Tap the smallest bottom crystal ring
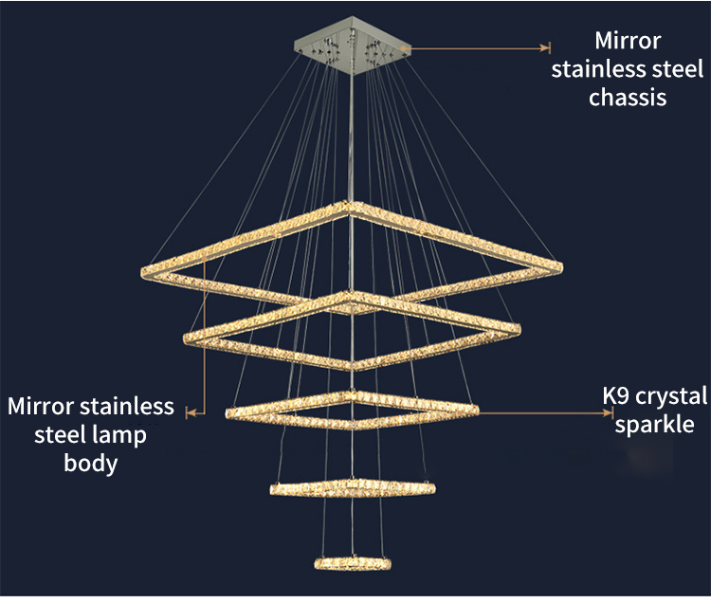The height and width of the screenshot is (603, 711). (352, 562)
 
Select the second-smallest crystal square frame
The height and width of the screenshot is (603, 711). (352, 488)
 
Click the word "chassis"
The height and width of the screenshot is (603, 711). (628, 98)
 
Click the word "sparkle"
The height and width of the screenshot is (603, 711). (654, 424)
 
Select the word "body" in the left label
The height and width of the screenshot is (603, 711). (91, 464)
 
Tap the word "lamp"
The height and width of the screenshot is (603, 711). (121, 435)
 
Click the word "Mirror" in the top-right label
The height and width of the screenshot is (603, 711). (628, 41)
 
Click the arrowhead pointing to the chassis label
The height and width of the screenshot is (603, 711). (545, 46)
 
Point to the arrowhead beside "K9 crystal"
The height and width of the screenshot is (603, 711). (611, 411)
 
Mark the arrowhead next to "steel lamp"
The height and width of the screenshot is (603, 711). (190, 411)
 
